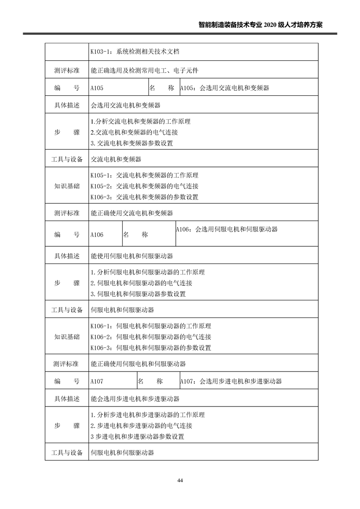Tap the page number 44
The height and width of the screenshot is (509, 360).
click(x=180, y=480)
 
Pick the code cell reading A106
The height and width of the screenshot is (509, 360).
click(x=97, y=235)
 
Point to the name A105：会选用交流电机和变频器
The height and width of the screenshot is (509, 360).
click(x=224, y=88)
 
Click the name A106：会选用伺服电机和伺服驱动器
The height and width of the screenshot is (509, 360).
click(x=227, y=230)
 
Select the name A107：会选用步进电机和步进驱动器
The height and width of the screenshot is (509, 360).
click(x=231, y=382)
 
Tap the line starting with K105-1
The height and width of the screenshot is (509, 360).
click(x=144, y=175)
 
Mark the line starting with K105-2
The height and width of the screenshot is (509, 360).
click(x=144, y=186)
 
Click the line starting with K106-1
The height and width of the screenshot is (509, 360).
click(x=150, y=326)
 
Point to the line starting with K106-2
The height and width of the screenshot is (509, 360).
click(x=150, y=337)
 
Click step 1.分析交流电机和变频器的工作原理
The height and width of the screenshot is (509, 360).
click(x=140, y=122)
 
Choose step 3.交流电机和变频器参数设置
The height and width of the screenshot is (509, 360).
click(x=132, y=143)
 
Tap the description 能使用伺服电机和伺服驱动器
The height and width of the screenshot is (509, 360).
click(x=132, y=256)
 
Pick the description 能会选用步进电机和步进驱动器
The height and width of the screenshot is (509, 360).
click(x=135, y=399)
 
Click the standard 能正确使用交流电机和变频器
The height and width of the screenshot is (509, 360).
click(x=132, y=213)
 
